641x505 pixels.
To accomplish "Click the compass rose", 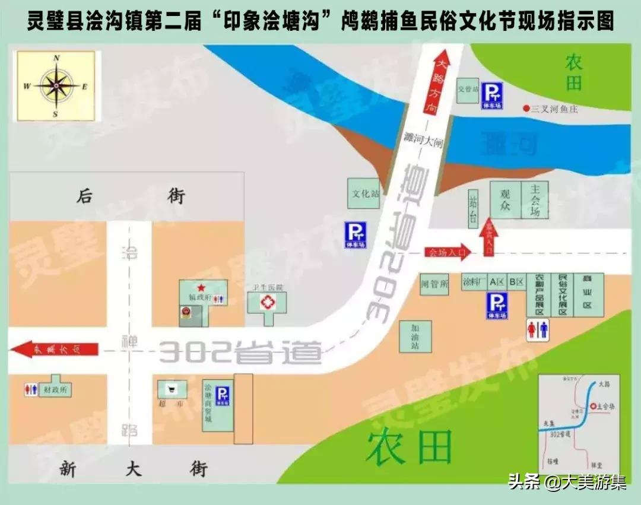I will pyautogui.click(x=56, y=86).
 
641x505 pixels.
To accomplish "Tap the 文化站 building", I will pyautogui.click(x=364, y=193).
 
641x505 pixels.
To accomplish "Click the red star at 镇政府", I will pyautogui.click(x=201, y=287).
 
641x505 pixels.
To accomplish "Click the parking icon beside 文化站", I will pyautogui.click(x=356, y=234).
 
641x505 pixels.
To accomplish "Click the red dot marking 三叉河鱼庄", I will pyautogui.click(x=526, y=109).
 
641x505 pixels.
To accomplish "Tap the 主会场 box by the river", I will pyautogui.click(x=535, y=199).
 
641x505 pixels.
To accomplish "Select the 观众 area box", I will pyautogui.click(x=505, y=200).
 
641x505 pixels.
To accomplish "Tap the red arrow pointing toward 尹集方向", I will pyautogui.click(x=55, y=349).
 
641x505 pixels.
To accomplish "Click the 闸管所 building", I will pyautogui.click(x=434, y=284).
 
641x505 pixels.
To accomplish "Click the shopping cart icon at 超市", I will pyautogui.click(x=172, y=389).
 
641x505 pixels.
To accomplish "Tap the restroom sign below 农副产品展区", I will pyautogui.click(x=538, y=330).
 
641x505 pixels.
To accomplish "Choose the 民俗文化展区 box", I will pyautogui.click(x=561, y=294).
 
